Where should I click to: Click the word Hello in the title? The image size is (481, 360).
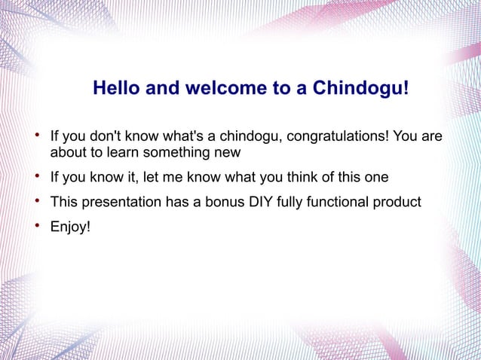coord(116,87)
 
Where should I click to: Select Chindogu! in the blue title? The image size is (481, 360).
coord(360,88)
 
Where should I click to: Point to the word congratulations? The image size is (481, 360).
coord(338,136)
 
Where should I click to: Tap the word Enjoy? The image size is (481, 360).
coord(70,227)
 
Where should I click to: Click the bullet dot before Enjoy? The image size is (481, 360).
coord(38,225)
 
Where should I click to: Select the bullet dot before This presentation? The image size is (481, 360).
coord(38,200)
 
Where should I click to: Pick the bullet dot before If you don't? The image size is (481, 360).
coord(38,135)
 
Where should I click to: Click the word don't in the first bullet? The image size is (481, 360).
coord(106,136)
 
